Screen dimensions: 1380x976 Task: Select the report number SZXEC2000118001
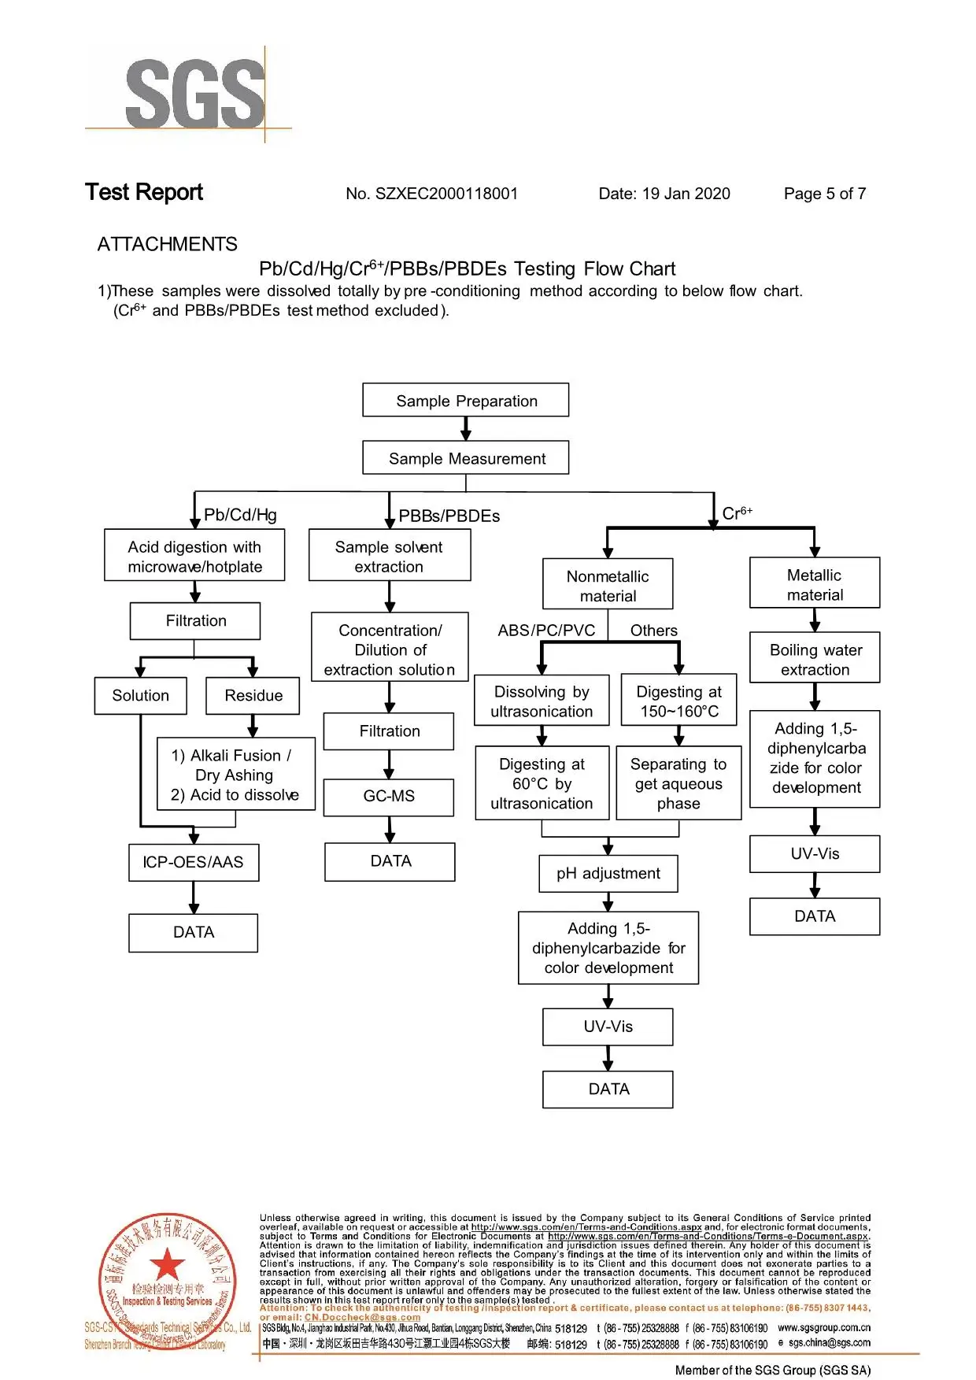point(446,194)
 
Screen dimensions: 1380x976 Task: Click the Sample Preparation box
point(466,401)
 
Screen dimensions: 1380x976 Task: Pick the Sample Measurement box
point(466,458)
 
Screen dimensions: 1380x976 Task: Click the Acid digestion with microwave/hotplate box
point(194,556)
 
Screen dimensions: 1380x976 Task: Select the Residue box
point(253,696)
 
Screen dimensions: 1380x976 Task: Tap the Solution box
point(141,696)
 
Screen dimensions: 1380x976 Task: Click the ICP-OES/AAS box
point(194,862)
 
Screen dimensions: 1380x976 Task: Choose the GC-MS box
point(389,797)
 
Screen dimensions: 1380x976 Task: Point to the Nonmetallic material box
point(608,586)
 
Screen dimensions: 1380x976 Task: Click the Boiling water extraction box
point(815,659)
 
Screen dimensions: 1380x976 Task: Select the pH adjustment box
point(608,874)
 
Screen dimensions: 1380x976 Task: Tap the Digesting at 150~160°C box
point(678,701)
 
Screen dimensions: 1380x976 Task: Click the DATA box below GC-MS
point(390,861)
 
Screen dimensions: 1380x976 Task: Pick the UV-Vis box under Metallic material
point(815,854)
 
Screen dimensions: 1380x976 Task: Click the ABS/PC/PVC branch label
point(546,631)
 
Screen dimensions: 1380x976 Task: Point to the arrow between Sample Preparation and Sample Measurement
point(466,429)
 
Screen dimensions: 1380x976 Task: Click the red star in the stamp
point(167,1264)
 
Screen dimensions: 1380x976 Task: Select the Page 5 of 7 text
point(824,194)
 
